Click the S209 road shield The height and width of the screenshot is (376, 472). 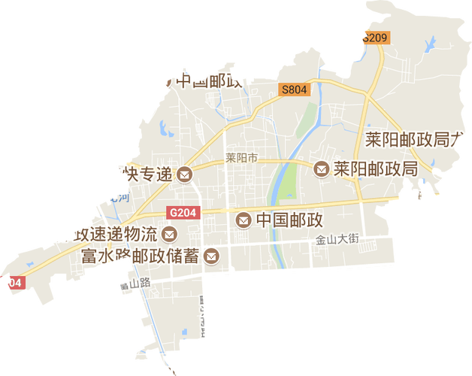tap(374, 38)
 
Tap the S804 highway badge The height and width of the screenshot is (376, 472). tap(295, 89)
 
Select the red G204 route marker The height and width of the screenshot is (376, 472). tap(183, 213)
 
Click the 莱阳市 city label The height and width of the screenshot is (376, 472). tap(241, 159)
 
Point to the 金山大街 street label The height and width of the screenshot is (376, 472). tap(338, 238)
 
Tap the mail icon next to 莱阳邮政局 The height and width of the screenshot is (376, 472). tap(322, 169)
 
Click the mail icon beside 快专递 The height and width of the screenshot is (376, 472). tap(184, 175)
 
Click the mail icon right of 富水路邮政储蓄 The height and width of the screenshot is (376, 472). tap(212, 257)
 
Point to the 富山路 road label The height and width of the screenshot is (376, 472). tap(136, 284)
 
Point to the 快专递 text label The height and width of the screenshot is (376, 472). tap(147, 174)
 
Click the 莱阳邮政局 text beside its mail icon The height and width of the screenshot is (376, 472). tap(376, 169)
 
